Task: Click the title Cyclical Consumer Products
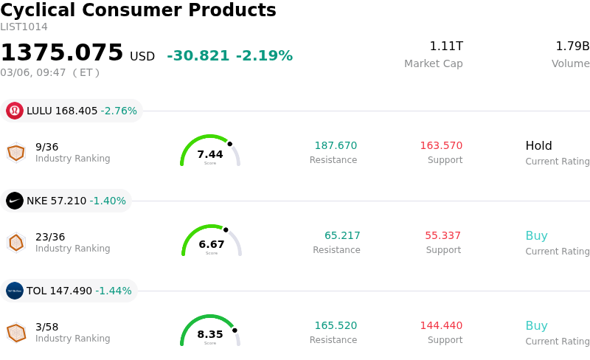[138, 11]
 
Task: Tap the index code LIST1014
[24, 27]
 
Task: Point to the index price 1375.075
[62, 53]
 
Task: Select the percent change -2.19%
[264, 56]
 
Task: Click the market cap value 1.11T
[446, 46]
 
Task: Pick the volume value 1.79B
[572, 46]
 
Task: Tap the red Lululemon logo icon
[15, 111]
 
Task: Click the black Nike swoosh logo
[15, 201]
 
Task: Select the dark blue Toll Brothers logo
[15, 291]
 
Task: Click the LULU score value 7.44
[210, 154]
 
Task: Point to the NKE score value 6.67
[212, 244]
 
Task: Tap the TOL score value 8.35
[210, 334]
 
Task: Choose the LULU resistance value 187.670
[336, 146]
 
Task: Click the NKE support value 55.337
[442, 236]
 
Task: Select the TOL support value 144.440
[441, 326]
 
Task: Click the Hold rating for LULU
[538, 146]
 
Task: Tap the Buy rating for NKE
[536, 236]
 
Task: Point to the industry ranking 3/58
[46, 326]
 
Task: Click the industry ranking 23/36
[50, 237]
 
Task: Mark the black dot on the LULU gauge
[229, 144]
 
